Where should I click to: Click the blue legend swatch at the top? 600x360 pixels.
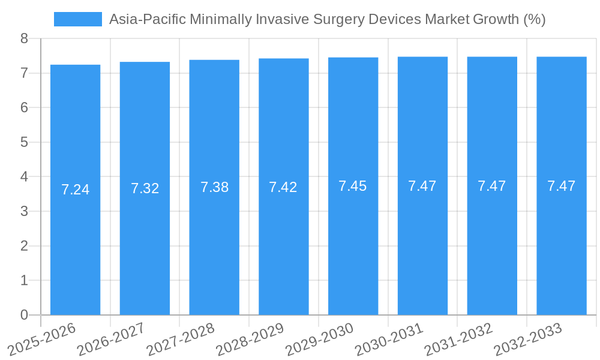[x=78, y=19]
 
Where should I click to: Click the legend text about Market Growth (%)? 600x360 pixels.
[x=327, y=19]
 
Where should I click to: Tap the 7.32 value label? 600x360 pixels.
[x=145, y=188]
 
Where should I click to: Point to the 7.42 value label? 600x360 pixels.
[x=283, y=187]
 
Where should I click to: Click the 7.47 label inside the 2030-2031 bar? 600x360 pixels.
[x=422, y=186]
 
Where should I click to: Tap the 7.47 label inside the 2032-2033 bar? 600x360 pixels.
[x=562, y=186]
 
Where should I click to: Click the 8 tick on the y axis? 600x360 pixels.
[x=24, y=38]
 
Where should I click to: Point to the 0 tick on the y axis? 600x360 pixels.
[x=24, y=315]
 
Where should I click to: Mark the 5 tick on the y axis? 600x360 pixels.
[x=24, y=142]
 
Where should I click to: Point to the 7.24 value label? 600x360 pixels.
[x=75, y=190]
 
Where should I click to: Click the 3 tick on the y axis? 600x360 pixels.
[x=24, y=211]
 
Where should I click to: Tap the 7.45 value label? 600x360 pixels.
[x=353, y=186]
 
